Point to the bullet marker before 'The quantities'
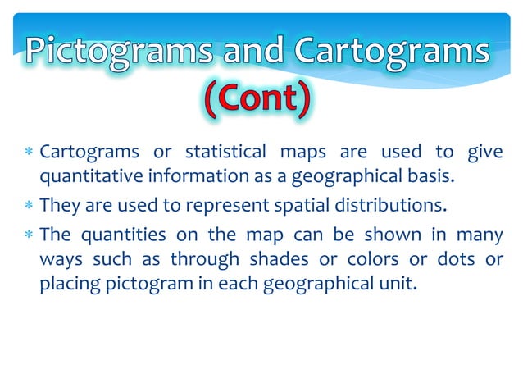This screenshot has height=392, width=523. point(28,235)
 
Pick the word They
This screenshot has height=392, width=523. point(58,205)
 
